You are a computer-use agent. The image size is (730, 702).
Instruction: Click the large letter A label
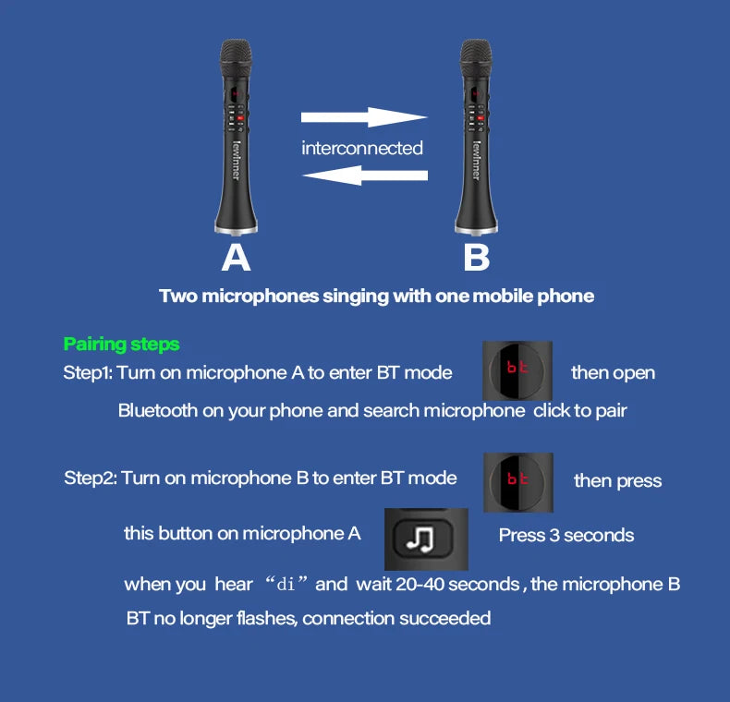(x=236, y=257)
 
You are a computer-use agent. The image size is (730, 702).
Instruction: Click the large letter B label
(x=476, y=257)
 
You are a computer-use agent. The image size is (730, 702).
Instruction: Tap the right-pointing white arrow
(x=364, y=117)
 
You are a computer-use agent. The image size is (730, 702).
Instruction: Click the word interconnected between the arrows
(x=361, y=148)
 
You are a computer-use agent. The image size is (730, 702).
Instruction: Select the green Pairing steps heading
(x=121, y=345)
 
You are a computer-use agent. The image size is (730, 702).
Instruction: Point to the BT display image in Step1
(x=517, y=371)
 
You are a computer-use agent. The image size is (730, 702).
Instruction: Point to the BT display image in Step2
(x=517, y=480)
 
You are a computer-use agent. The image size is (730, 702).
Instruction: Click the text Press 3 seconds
(x=566, y=535)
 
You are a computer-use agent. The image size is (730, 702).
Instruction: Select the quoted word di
(x=290, y=584)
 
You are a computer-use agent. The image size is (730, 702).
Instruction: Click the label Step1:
(x=88, y=373)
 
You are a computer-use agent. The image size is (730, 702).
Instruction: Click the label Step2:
(x=90, y=478)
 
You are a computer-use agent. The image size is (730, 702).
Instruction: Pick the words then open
(x=613, y=373)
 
